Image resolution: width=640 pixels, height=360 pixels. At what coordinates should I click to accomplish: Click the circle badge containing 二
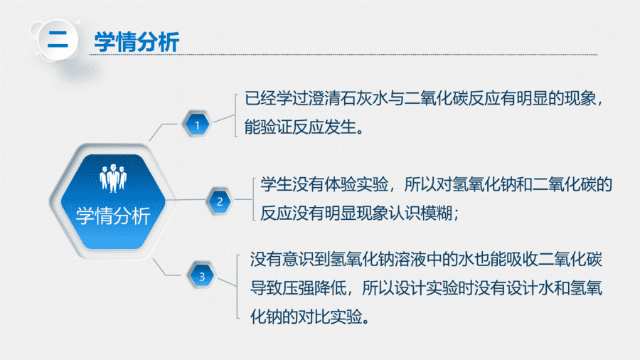click(58, 40)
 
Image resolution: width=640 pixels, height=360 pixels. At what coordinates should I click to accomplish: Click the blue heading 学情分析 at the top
click(137, 42)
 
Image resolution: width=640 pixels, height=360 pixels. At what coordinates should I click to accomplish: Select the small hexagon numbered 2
click(220, 201)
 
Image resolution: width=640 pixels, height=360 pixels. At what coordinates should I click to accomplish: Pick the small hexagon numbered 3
click(202, 275)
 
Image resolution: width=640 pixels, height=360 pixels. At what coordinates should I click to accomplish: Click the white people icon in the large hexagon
click(113, 178)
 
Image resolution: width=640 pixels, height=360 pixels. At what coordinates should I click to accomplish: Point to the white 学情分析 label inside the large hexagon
click(113, 216)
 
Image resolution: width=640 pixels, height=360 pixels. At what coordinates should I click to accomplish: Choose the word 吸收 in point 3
click(522, 260)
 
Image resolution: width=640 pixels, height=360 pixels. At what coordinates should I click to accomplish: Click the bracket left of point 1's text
click(235, 115)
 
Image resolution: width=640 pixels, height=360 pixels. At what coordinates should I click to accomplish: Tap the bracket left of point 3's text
click(238, 286)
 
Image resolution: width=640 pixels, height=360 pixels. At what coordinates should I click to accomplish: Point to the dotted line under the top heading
click(343, 54)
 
